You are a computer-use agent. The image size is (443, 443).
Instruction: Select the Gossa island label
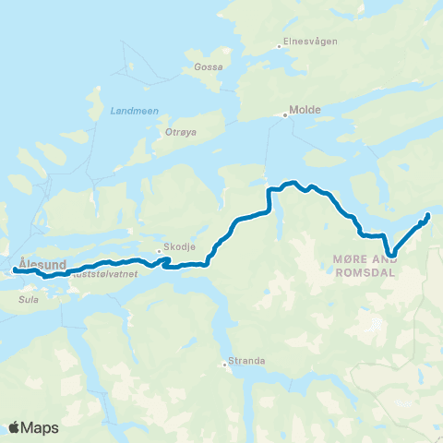tap(208, 66)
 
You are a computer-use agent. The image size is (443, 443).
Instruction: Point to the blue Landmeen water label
tap(134, 111)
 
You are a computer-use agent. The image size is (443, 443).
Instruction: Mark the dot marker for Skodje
tap(159, 250)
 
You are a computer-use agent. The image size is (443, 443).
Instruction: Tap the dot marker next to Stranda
tap(225, 364)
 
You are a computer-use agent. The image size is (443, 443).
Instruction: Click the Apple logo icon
tap(14, 426)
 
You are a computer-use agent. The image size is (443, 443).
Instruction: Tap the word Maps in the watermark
tap(40, 427)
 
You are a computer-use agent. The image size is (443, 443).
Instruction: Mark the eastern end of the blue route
tap(428, 216)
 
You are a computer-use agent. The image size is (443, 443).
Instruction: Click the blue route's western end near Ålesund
tap(15, 270)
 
